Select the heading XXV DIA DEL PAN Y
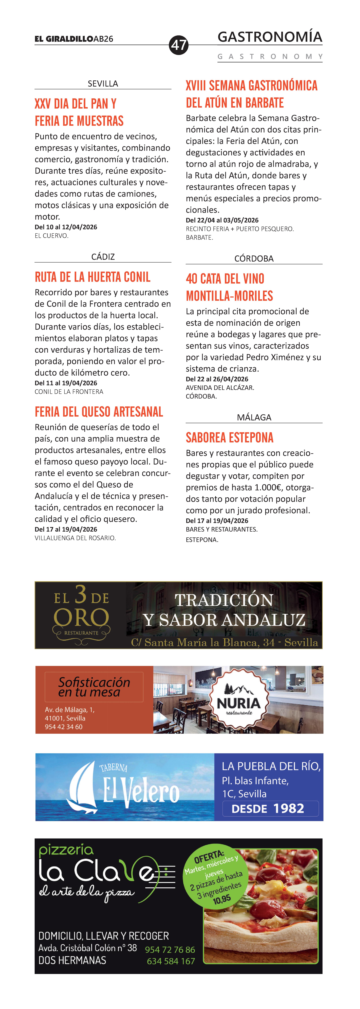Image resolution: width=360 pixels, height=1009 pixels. [x=76, y=104]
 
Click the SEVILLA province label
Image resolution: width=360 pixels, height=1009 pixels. [x=103, y=83]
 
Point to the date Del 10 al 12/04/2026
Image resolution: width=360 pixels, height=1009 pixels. [x=66, y=227]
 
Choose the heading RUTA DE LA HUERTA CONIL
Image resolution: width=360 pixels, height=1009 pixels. [x=92, y=277]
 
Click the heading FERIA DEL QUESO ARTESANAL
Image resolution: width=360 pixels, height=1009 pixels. [x=99, y=412]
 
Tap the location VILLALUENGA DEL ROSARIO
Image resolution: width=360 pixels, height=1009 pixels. [x=75, y=538]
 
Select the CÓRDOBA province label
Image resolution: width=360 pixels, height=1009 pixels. [x=254, y=259]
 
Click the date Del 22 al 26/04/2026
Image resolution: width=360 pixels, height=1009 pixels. [x=217, y=379]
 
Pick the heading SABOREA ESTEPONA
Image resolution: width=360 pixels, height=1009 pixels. [x=230, y=438]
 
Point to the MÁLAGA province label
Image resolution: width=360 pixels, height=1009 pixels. [x=254, y=417]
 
